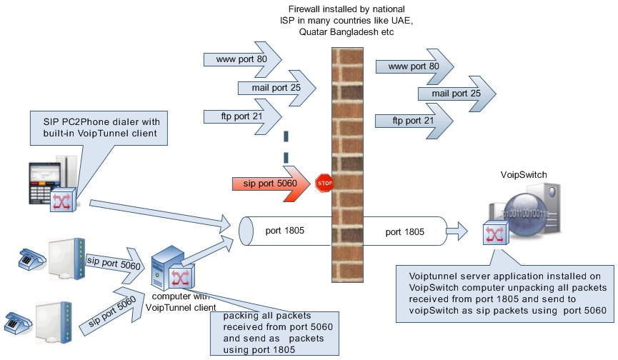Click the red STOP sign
(324, 183)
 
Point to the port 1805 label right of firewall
(405, 231)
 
